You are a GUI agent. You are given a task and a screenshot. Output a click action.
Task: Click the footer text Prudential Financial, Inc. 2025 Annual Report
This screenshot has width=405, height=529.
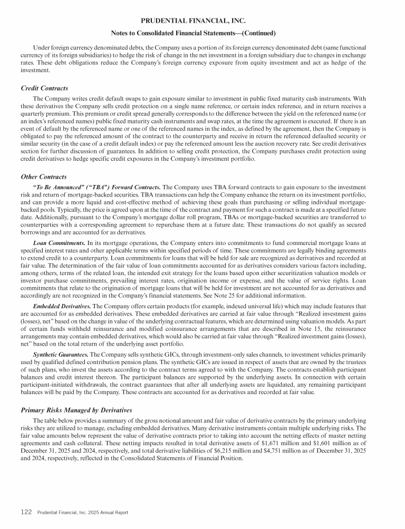click(83, 512)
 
